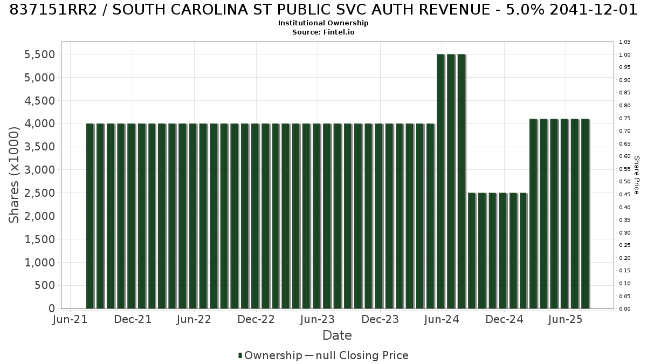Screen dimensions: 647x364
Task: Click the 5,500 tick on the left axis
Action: pos(39,54)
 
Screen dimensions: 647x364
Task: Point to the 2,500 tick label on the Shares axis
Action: pos(39,193)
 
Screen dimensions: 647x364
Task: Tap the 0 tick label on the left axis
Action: pos(52,308)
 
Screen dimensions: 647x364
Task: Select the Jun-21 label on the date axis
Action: pos(70,319)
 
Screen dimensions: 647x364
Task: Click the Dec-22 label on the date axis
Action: pos(256,319)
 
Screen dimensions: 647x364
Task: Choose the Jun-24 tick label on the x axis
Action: pos(442,319)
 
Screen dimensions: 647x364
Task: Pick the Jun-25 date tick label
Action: pos(566,319)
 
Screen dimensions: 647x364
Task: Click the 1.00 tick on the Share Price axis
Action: pos(625,55)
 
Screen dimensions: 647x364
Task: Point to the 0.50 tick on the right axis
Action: pos(625,182)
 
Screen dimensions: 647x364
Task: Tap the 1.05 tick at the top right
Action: pos(625,42)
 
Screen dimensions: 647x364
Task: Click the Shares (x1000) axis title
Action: pos(13,175)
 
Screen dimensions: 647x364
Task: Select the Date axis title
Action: pos(337,335)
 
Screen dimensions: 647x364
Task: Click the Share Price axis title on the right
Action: pos(637,175)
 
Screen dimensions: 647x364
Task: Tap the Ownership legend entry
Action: pos(270,355)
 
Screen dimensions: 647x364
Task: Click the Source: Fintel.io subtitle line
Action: pos(323,32)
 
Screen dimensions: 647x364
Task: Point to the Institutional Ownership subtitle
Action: pos(323,23)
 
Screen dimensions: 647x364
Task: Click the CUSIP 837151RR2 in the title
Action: pos(53,10)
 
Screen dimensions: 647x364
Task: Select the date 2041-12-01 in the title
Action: pos(593,10)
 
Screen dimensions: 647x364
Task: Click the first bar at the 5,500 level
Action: pos(441,181)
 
